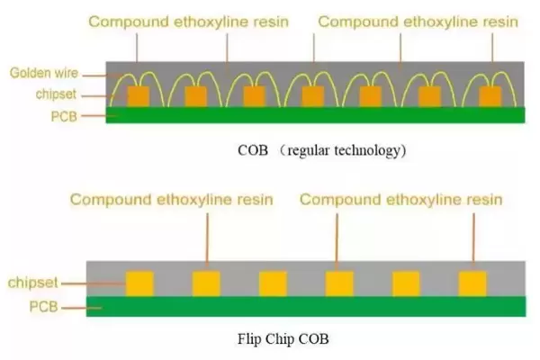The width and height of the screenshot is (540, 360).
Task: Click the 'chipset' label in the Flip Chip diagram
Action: (x=30, y=283)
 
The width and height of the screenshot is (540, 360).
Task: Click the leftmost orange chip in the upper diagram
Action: (x=138, y=95)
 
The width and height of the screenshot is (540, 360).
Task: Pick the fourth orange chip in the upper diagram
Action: (x=313, y=95)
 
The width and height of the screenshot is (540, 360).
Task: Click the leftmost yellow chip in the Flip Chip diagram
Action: (x=139, y=283)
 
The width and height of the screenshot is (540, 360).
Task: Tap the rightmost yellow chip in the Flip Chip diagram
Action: (x=472, y=283)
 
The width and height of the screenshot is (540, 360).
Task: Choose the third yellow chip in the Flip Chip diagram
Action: (x=273, y=283)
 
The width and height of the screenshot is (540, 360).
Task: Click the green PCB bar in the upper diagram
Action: (x=316, y=114)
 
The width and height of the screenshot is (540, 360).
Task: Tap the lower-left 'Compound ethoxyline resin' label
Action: (x=171, y=198)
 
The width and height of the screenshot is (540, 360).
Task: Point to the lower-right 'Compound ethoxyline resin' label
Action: (x=400, y=198)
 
